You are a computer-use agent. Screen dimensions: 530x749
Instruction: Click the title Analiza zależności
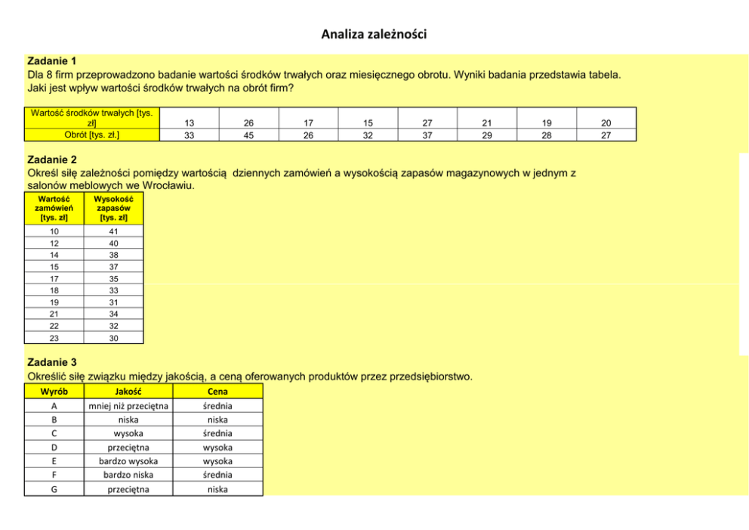click(374, 34)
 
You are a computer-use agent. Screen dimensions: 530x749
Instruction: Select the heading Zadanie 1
click(52, 60)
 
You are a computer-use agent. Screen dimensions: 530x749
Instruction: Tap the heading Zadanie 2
click(52, 160)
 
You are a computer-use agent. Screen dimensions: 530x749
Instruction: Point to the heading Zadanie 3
click(52, 362)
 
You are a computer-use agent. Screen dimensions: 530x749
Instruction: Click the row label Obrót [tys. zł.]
click(91, 135)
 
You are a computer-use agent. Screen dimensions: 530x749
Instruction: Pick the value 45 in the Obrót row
click(248, 135)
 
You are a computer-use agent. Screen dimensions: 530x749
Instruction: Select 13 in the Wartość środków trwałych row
click(189, 122)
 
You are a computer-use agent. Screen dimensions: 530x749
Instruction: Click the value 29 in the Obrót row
click(487, 135)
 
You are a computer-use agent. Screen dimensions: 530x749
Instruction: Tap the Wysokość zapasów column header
click(113, 208)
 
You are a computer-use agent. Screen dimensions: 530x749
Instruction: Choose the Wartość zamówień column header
click(54, 208)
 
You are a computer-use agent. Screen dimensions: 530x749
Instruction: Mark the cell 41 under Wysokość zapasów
click(113, 231)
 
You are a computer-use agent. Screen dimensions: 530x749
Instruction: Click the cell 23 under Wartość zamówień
click(54, 339)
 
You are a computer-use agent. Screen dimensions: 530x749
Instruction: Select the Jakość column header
click(128, 392)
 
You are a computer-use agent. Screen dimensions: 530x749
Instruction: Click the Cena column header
click(217, 392)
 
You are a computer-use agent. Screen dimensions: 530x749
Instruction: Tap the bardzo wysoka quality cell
click(128, 461)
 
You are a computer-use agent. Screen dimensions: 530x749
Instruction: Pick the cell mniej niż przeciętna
click(128, 406)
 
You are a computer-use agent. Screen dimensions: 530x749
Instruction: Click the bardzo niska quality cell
click(128, 475)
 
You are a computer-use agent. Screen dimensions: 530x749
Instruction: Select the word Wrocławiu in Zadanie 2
click(172, 186)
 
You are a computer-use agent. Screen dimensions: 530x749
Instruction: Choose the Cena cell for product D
click(217, 448)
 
